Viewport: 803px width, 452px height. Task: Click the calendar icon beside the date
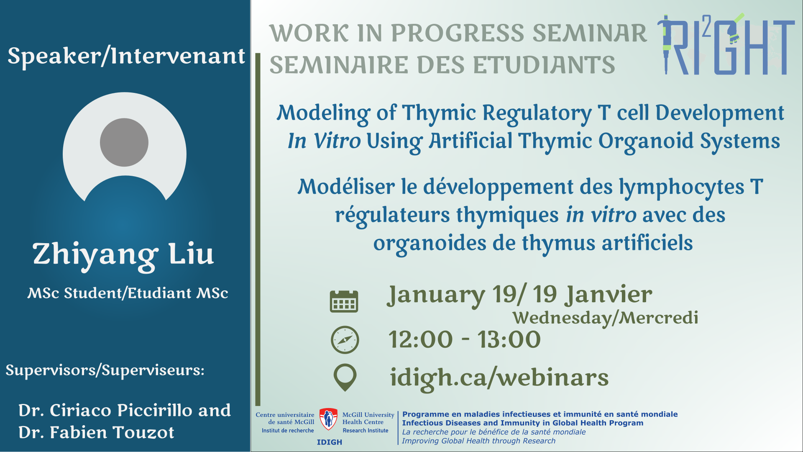[x=344, y=301]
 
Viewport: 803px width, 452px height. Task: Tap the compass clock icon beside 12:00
[x=345, y=340]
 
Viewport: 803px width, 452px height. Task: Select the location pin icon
[x=345, y=378]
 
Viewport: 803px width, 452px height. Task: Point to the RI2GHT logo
[x=726, y=44]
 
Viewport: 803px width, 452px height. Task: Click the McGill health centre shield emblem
[x=328, y=419]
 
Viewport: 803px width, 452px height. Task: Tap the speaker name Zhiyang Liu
[x=123, y=255]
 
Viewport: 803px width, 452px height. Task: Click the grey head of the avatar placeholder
[x=124, y=142]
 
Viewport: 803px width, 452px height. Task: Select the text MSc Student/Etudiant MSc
[x=128, y=293]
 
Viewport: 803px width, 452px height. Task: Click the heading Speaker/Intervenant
[x=126, y=56]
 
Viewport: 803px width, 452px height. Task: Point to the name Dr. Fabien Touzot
[x=96, y=432]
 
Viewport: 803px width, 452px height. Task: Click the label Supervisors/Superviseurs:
[x=105, y=370]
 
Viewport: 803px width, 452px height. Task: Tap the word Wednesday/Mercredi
[x=606, y=318]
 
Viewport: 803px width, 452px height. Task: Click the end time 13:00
[x=509, y=339]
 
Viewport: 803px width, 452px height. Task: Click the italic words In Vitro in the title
[x=324, y=141]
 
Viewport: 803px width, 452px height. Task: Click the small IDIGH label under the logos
[x=330, y=442]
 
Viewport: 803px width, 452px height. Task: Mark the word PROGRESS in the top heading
[x=457, y=33]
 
